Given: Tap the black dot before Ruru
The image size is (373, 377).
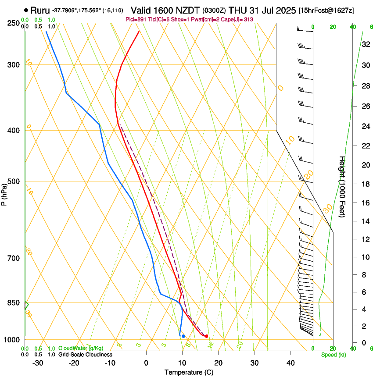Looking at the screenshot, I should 27,10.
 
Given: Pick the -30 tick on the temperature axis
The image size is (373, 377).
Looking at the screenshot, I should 38,363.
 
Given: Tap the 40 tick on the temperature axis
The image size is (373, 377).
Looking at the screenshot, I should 290,363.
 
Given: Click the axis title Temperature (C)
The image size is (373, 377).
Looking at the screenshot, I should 189,372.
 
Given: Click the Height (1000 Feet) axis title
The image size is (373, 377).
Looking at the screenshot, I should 342,186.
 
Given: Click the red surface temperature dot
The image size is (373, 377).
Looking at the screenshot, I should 206,336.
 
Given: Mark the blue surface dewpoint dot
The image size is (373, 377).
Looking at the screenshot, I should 183,336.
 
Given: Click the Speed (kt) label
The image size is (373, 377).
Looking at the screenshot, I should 333,355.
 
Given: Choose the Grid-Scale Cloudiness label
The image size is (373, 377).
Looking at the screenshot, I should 85,354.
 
